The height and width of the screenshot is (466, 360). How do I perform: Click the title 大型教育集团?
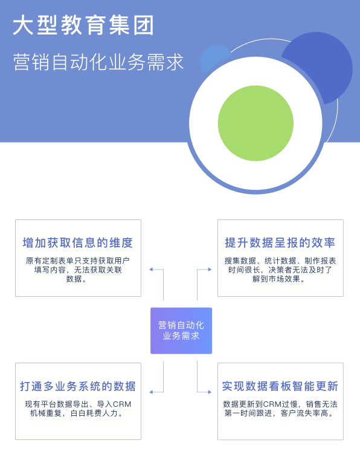[83, 25]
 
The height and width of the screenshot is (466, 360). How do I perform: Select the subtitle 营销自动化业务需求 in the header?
[98, 62]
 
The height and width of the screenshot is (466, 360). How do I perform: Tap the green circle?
[256, 123]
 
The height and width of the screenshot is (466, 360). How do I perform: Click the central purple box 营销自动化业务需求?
[181, 331]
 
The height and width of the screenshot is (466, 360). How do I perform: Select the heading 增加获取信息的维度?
[78, 243]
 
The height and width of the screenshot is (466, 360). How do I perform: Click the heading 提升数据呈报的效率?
[280, 243]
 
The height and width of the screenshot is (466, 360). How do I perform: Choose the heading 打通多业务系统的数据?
[78, 386]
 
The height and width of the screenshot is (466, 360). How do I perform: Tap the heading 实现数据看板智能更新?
[280, 386]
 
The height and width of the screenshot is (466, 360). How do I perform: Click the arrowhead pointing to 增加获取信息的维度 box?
[151, 270]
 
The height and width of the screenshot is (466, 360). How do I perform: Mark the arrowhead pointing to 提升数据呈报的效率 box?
[210, 270]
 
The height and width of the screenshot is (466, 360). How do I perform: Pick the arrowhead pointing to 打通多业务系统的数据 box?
[151, 392]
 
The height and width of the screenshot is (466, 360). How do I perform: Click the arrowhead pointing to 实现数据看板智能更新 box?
[210, 392]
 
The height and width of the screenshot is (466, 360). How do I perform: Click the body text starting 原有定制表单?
[78, 270]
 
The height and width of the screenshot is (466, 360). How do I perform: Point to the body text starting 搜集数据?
[280, 270]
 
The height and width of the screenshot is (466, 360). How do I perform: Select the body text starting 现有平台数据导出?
[78, 409]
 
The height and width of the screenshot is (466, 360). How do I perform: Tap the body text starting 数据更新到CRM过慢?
[280, 409]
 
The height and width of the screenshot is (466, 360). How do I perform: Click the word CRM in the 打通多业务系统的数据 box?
[122, 404]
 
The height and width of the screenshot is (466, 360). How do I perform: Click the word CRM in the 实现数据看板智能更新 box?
[272, 404]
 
